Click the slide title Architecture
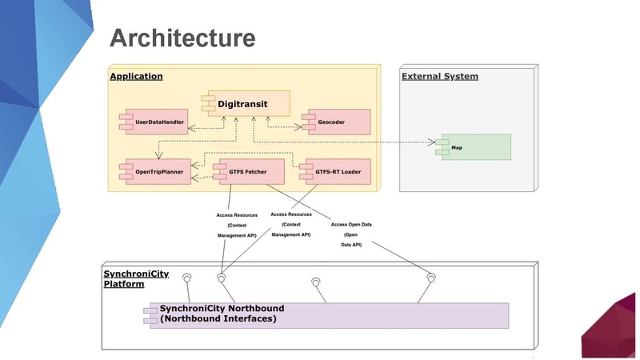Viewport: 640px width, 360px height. (x=182, y=38)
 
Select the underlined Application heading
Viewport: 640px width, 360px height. (x=136, y=77)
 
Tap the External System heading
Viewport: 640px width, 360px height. (x=439, y=77)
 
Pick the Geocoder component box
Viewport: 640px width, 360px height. (x=335, y=123)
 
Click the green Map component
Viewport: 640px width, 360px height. (x=473, y=148)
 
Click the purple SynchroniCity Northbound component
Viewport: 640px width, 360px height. (x=326, y=314)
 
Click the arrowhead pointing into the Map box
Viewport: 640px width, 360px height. (x=431, y=143)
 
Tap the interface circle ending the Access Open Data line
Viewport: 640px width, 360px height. (x=432, y=278)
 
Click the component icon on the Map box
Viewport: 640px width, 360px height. (x=439, y=148)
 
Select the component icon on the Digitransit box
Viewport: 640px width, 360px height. (x=204, y=103)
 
